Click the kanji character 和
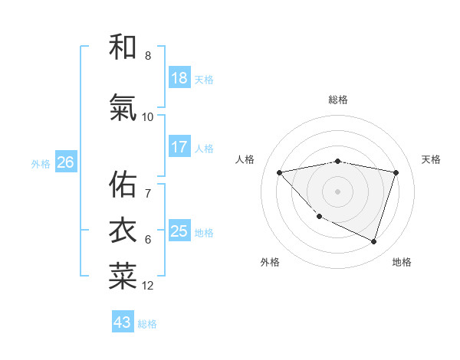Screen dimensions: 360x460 point(123,47)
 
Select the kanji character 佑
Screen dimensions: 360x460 point(123,184)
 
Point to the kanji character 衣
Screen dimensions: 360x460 point(123,230)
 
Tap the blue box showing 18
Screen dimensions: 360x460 point(179,78)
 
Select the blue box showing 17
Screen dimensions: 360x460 point(179,147)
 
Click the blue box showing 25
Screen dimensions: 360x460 point(179,231)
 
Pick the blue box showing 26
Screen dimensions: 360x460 point(65,162)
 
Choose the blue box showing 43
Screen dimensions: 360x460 point(122,322)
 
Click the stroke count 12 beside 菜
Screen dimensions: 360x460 point(148,286)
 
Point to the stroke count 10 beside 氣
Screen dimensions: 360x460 point(148,117)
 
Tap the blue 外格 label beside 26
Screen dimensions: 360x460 point(41,163)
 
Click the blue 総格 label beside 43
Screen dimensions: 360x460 point(147,323)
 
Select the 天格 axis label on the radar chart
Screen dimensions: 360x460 point(432,159)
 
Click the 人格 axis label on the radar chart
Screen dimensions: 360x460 point(245,159)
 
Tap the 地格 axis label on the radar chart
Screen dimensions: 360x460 point(402,262)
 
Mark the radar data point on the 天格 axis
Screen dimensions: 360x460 point(396,172)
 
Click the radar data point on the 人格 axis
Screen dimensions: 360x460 point(280,172)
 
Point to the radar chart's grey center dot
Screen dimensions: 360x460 point(337,191)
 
